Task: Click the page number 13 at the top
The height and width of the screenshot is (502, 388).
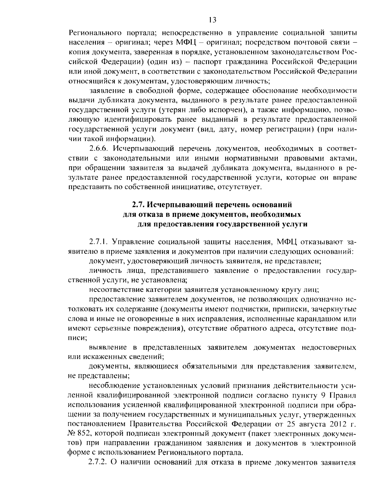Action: [x=212, y=20]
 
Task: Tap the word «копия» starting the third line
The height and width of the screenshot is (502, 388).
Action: [x=79, y=52]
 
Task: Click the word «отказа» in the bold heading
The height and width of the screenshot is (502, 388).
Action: [x=149, y=214]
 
